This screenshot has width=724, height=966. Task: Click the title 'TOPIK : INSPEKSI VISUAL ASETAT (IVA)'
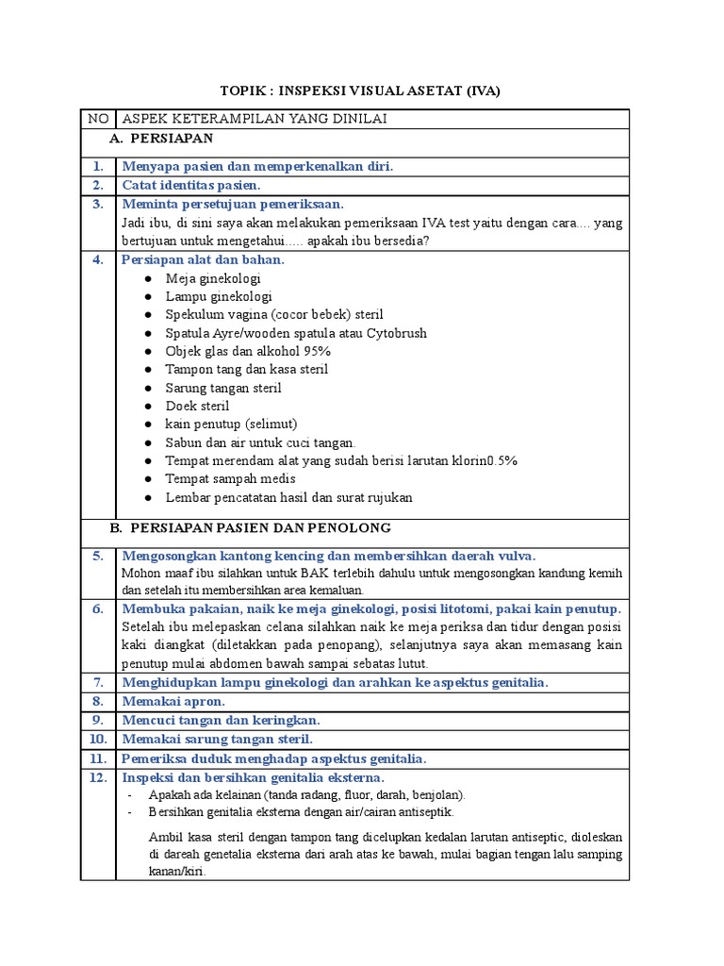pyautogui.click(x=361, y=91)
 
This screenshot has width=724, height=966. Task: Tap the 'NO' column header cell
pyautogui.click(x=98, y=119)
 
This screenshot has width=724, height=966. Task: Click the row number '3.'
pyautogui.click(x=97, y=204)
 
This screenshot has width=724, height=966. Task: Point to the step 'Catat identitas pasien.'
pyautogui.click(x=191, y=185)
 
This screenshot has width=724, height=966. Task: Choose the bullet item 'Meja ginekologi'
pyautogui.click(x=213, y=278)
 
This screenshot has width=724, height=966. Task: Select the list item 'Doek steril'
pyautogui.click(x=197, y=406)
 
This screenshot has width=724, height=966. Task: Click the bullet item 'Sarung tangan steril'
pyautogui.click(x=223, y=388)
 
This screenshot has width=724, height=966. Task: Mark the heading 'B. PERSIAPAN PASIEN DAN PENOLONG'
pyautogui.click(x=250, y=528)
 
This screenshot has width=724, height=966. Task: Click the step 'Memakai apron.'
pyautogui.click(x=173, y=701)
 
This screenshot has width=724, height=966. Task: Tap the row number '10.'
pyautogui.click(x=97, y=739)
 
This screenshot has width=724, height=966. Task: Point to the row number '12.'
pyautogui.click(x=97, y=777)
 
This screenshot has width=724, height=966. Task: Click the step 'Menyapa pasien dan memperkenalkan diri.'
pyautogui.click(x=257, y=166)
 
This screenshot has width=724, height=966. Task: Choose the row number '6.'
pyautogui.click(x=97, y=608)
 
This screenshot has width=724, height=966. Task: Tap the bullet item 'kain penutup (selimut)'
pyautogui.click(x=231, y=425)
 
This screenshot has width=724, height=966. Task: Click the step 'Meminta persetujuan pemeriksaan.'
pyautogui.click(x=233, y=204)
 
